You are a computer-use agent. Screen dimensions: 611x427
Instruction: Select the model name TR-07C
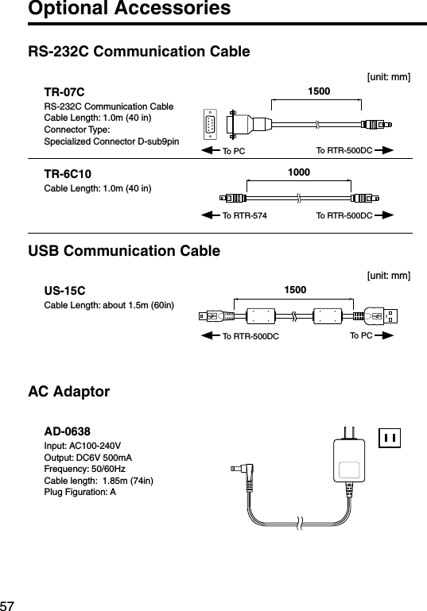64,93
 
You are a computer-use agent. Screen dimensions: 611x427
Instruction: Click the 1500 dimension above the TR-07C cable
319,91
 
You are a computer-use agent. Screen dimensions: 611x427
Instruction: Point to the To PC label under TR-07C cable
234,150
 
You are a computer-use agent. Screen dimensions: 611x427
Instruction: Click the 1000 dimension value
299,172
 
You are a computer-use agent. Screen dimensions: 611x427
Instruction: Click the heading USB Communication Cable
124,251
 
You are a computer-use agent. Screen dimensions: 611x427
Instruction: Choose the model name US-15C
64,291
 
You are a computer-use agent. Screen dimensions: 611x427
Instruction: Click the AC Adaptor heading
69,392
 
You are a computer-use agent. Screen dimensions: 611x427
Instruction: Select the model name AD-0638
67,431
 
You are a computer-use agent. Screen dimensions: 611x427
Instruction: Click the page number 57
9,600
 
